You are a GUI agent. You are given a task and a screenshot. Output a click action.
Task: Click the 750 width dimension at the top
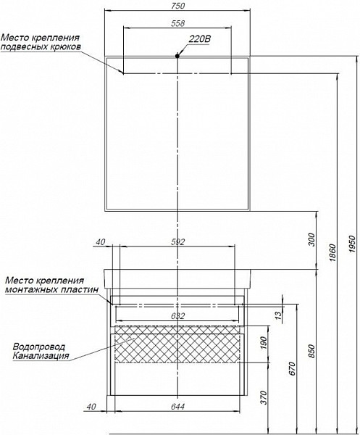click(x=177, y=6)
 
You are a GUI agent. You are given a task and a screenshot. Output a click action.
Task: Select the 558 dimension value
click(x=177, y=23)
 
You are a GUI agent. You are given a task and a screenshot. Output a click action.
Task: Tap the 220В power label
click(x=199, y=39)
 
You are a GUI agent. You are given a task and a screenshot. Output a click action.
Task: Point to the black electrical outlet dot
click(x=177, y=56)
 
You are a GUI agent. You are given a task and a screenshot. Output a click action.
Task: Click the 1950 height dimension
click(x=352, y=244)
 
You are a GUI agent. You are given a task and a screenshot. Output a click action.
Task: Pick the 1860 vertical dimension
click(x=332, y=252)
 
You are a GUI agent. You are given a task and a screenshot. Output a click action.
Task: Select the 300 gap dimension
click(x=311, y=240)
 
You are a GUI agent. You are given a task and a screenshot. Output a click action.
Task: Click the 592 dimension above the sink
click(x=177, y=242)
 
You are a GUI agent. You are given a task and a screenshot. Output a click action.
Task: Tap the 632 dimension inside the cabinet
click(x=177, y=315)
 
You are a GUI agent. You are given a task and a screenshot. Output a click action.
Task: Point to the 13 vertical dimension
click(x=278, y=315)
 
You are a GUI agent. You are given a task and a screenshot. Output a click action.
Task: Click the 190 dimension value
click(x=264, y=343)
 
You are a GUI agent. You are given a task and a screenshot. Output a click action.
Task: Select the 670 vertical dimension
click(x=293, y=369)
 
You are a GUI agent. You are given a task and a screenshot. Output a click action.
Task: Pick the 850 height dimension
click(x=311, y=351)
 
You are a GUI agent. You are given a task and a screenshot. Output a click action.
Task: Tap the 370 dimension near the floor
click(x=264, y=397)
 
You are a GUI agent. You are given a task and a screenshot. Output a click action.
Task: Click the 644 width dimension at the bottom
click(x=177, y=407)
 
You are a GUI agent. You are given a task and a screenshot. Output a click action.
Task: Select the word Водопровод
click(x=39, y=347)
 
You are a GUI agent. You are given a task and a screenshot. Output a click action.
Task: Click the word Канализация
click(x=41, y=356)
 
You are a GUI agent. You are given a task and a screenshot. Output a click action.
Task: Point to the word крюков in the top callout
click(x=66, y=46)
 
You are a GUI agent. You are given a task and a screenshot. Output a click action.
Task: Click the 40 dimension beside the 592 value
click(x=101, y=242)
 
